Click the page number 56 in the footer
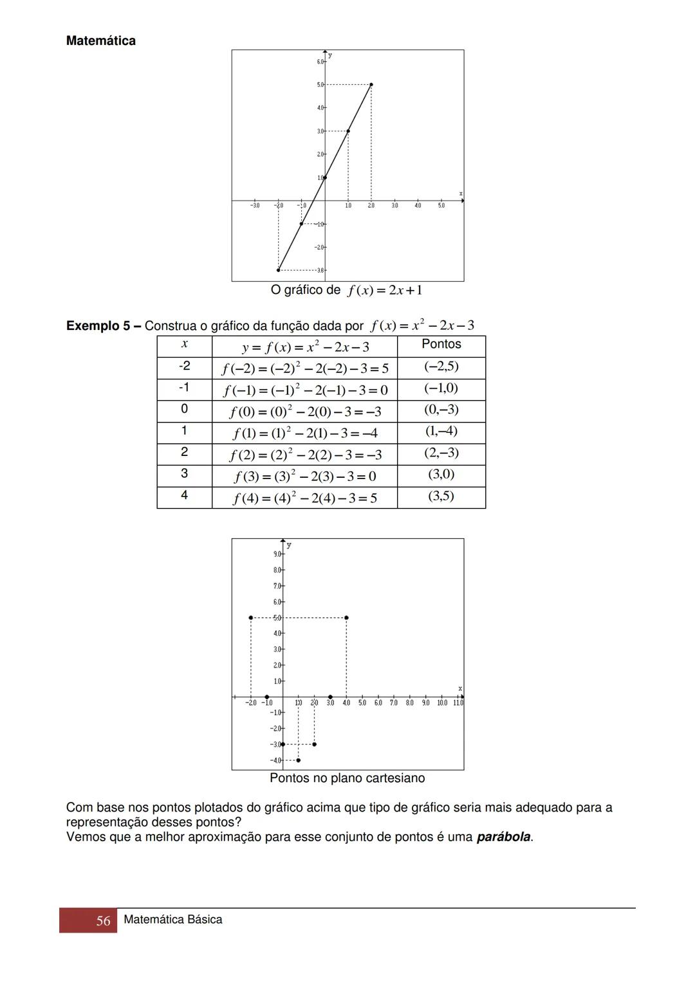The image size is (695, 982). tap(103, 920)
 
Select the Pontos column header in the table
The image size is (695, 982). tap(441, 344)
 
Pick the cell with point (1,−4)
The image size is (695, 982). tap(441, 432)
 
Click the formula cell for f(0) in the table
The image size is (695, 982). tap(305, 411)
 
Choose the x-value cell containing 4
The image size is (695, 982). tap(185, 496)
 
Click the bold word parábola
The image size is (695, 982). tap(503, 837)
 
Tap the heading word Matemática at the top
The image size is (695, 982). tap(101, 41)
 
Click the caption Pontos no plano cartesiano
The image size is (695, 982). tap(347, 778)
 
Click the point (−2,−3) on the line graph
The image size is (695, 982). tap(278, 270)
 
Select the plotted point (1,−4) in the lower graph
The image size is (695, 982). tap(299, 760)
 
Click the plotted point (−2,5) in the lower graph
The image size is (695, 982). tap(250, 617)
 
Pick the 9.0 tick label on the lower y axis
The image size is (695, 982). tap(277, 554)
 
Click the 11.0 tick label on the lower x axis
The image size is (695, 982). tap(458, 703)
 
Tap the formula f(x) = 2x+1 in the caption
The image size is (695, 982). tap(385, 290)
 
